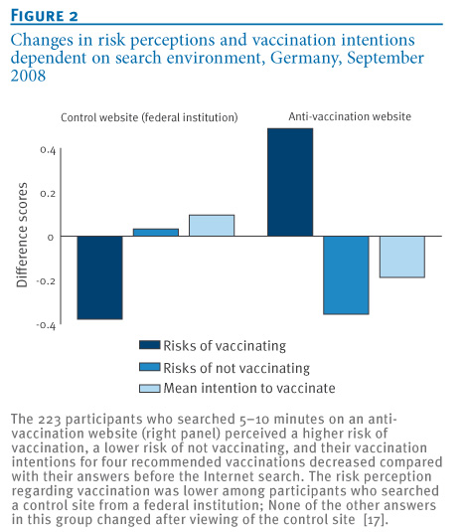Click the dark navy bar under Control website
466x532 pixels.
(x=99, y=277)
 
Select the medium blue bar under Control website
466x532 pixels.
(x=156, y=233)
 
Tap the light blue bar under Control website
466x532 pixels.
(x=212, y=226)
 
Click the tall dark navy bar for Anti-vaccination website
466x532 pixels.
(x=290, y=182)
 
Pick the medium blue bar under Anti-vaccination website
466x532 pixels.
(x=346, y=275)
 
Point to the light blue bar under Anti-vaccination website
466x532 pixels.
(x=402, y=257)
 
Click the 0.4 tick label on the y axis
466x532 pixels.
(x=48, y=150)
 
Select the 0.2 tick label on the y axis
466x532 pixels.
(x=48, y=194)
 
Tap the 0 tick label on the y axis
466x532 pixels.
(x=51, y=238)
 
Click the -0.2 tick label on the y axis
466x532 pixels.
(x=46, y=281)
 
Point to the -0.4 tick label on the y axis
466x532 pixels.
(x=46, y=325)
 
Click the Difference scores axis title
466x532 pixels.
(x=22, y=235)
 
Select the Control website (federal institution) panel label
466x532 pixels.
(x=149, y=117)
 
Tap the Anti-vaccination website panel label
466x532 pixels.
(x=350, y=116)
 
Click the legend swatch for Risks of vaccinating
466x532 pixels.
(x=149, y=345)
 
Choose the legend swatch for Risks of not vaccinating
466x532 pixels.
(x=149, y=367)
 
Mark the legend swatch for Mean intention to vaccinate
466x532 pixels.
(x=149, y=388)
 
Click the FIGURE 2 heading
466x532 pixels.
(x=44, y=16)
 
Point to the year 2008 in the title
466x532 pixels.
(x=28, y=76)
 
